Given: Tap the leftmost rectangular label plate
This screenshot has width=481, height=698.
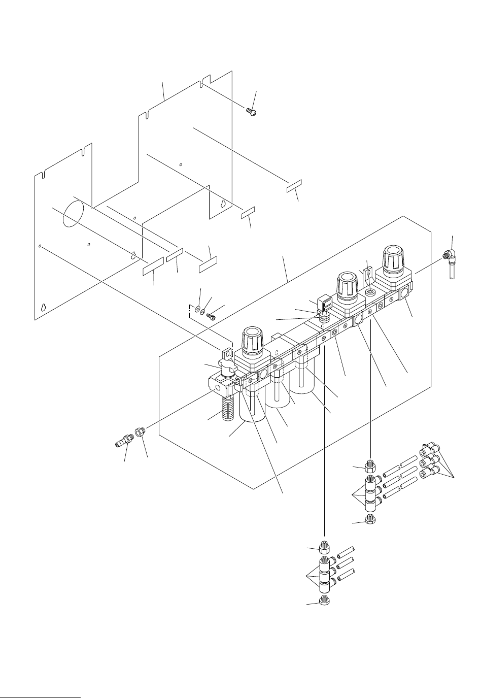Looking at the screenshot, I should coord(153,265).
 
